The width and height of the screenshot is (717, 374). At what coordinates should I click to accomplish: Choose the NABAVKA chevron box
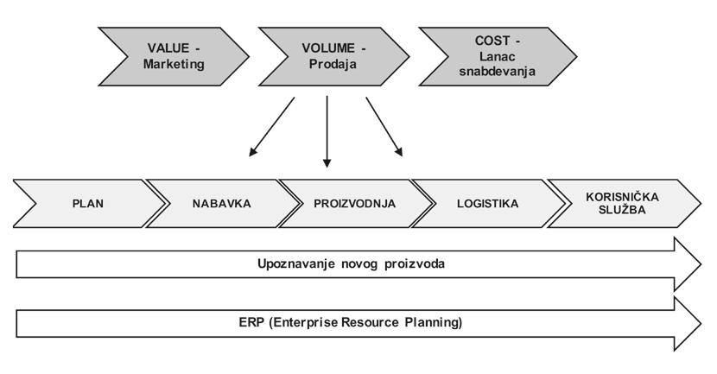click(221, 205)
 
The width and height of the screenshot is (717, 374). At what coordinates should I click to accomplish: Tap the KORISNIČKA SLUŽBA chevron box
click(621, 205)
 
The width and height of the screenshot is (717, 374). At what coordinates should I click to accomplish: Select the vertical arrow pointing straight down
click(327, 130)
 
